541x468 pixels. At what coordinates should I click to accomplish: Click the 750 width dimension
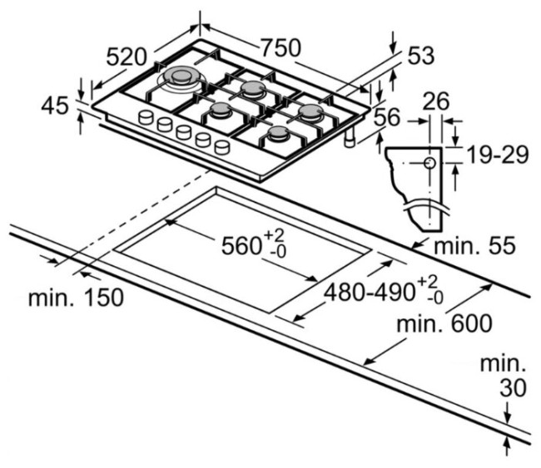(x=280, y=47)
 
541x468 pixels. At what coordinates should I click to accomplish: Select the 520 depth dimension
(x=127, y=57)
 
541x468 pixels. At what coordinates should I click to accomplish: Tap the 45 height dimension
(x=55, y=106)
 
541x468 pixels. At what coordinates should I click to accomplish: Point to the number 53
(x=420, y=56)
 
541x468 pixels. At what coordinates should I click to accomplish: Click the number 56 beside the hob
(x=387, y=117)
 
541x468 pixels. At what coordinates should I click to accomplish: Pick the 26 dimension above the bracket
(x=436, y=101)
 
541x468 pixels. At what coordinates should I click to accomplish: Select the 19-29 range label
(x=498, y=155)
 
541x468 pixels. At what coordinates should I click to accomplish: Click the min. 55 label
(x=474, y=245)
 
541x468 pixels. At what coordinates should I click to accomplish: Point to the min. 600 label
(x=444, y=323)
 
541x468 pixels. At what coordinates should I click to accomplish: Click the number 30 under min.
(x=514, y=387)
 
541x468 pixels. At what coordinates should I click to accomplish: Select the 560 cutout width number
(x=241, y=246)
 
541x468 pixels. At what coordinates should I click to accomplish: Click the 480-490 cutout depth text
(x=370, y=293)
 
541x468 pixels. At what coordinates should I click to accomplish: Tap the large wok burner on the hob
(x=181, y=78)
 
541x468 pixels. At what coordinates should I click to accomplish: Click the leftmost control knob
(x=146, y=117)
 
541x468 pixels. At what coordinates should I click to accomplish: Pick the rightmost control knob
(x=222, y=147)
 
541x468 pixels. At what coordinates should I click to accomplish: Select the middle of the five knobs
(x=183, y=132)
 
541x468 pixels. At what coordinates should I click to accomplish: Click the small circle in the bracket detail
(x=429, y=163)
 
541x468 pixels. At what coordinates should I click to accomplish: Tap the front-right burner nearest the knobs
(x=279, y=134)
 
